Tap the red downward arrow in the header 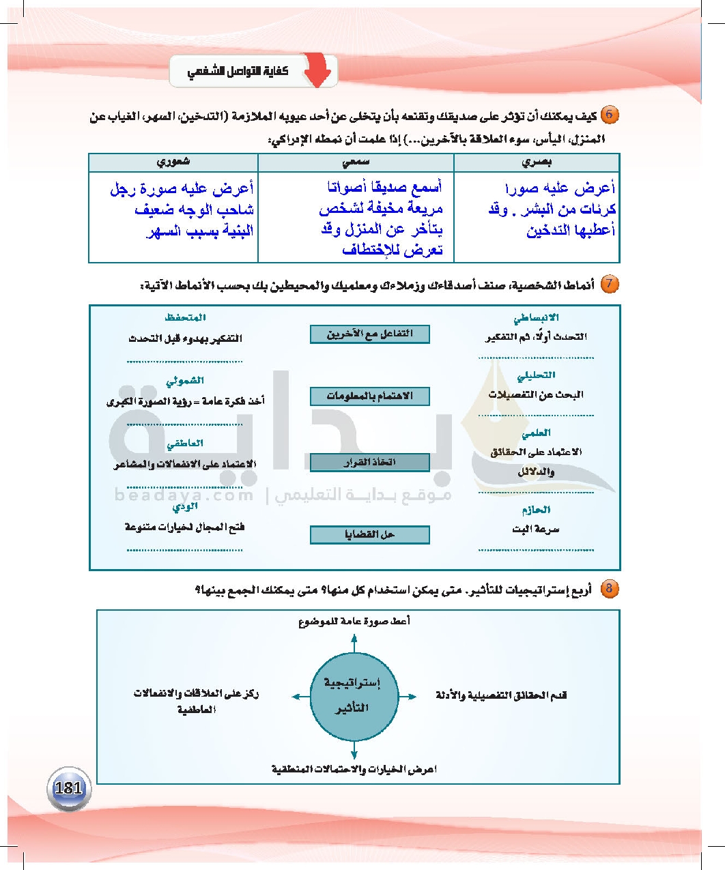click(317, 71)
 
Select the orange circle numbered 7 click(610, 284)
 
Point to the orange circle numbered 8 click(610, 588)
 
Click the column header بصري click(537, 162)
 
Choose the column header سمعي click(356, 162)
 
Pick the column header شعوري click(173, 162)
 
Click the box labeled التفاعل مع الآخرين click(370, 334)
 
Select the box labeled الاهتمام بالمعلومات click(370, 396)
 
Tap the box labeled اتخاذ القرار click(370, 463)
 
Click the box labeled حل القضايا click(370, 534)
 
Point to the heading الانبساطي click(536, 318)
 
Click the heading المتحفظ click(185, 318)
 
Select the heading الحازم click(536, 510)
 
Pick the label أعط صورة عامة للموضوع click(354, 622)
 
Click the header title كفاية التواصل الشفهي click(238, 71)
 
